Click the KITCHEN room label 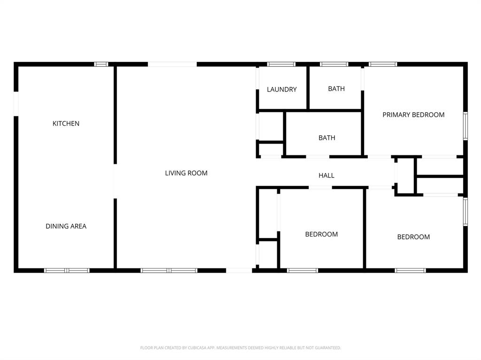(66, 123)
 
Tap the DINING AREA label (66, 226)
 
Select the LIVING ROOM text (186, 173)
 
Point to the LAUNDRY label (282, 90)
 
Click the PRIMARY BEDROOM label (413, 115)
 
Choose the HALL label (326, 176)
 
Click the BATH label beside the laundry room (336, 89)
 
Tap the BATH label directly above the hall (327, 138)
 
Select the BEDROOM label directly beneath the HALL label (321, 234)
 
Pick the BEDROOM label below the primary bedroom (413, 237)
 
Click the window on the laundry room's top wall (281, 64)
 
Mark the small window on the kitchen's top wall (101, 64)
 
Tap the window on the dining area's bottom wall (67, 270)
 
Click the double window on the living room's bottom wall (169, 270)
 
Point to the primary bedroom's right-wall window (465, 126)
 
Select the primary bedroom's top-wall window (382, 64)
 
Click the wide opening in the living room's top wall (172, 64)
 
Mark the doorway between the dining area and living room (115, 181)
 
